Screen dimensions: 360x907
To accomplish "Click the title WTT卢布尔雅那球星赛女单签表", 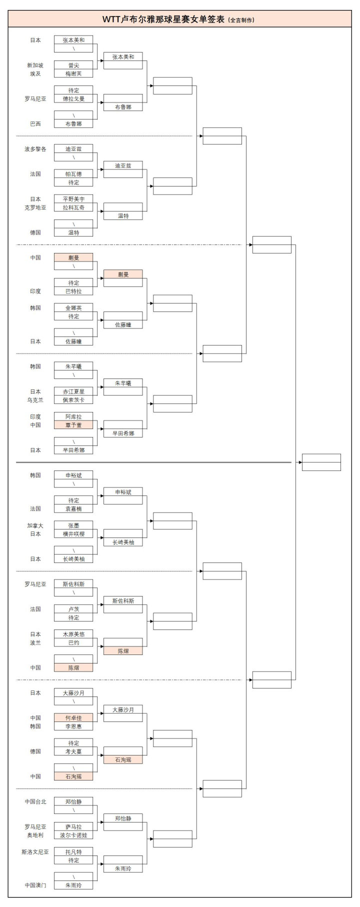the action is (164, 19).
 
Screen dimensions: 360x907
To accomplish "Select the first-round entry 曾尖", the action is (73, 65).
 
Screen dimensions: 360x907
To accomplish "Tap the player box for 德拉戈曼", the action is (73, 98).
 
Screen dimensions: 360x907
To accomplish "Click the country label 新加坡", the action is (35, 65).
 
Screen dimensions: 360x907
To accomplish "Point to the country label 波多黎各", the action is (35, 149).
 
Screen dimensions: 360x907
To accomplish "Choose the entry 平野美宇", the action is (73, 199).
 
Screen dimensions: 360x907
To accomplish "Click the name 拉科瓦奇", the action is (73, 207).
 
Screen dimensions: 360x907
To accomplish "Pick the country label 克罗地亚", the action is (35, 207).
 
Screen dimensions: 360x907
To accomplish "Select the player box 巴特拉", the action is (73, 291).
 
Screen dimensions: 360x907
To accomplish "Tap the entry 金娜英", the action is (73, 308).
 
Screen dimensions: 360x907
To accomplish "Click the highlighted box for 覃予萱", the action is (73, 425).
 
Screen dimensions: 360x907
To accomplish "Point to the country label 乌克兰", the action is (35, 400).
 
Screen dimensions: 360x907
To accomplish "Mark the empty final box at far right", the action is (321, 462).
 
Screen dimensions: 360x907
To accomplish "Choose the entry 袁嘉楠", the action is (73, 508).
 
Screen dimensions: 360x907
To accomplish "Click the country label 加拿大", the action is (35, 525).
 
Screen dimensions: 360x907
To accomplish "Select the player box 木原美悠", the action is (73, 634).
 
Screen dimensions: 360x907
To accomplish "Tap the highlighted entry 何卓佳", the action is (73, 718).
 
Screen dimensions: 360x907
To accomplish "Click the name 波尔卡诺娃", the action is (73, 835).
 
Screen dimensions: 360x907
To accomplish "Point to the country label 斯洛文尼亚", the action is (35, 852).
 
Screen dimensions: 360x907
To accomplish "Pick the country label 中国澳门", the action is (35, 885).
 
